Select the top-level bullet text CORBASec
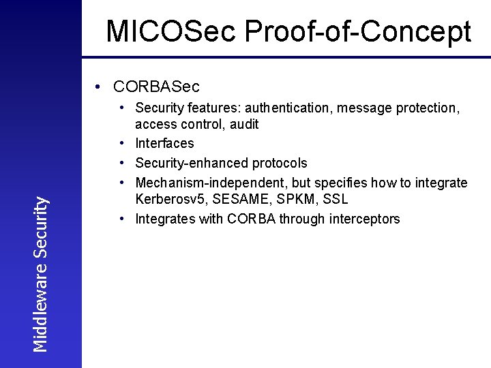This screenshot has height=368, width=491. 157,87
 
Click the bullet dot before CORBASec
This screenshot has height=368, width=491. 100,87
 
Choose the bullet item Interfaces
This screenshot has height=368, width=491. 164,143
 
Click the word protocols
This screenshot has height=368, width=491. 280,163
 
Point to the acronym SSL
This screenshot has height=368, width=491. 336,200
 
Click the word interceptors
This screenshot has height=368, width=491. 363,219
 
